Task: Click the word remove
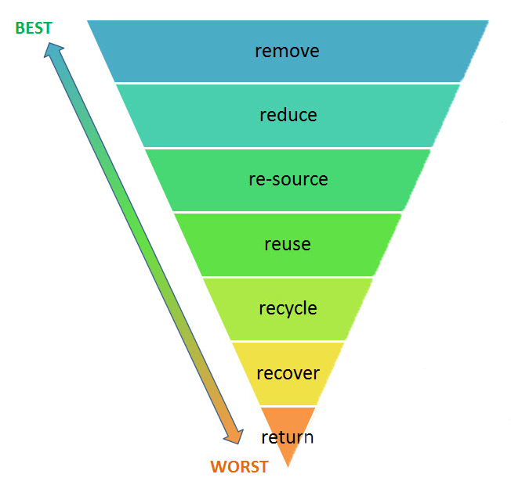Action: tap(287, 52)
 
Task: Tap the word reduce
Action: tap(288, 115)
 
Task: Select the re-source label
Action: tap(288, 180)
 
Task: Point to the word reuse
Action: tap(288, 244)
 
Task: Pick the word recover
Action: tap(288, 373)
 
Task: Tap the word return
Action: tap(288, 437)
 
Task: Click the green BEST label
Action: tap(34, 28)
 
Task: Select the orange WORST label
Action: tap(240, 467)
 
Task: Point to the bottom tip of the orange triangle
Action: tap(288, 468)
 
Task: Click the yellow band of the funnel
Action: tap(288, 373)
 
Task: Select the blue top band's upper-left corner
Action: tap(87, 21)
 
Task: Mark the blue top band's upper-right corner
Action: tap(489, 21)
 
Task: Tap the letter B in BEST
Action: tap(20, 28)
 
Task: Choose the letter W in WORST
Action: tap(219, 467)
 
